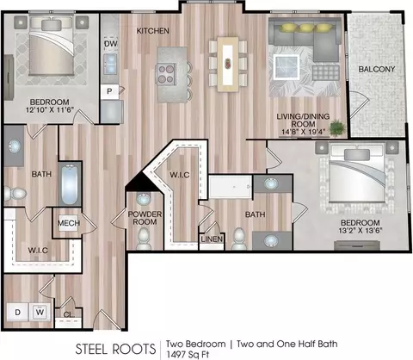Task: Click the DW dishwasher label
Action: click(111, 44)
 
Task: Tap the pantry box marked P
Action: click(109, 91)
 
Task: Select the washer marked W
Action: click(40, 312)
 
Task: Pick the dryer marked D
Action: click(18, 312)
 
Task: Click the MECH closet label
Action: click(69, 223)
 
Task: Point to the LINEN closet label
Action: click(212, 239)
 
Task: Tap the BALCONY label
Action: click(377, 69)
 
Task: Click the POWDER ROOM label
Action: click(145, 218)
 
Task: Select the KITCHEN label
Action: click(152, 31)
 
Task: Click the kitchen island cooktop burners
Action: click(166, 74)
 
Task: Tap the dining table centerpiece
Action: click(228, 64)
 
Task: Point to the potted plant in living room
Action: click(337, 127)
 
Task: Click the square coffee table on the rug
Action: click(287, 67)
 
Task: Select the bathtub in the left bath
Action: click(70, 184)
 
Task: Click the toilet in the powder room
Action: click(144, 238)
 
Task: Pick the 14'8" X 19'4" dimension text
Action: click(303, 132)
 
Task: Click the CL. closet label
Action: click(69, 314)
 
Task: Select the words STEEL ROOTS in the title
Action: click(115, 349)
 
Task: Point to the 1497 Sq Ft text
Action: click(188, 355)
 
